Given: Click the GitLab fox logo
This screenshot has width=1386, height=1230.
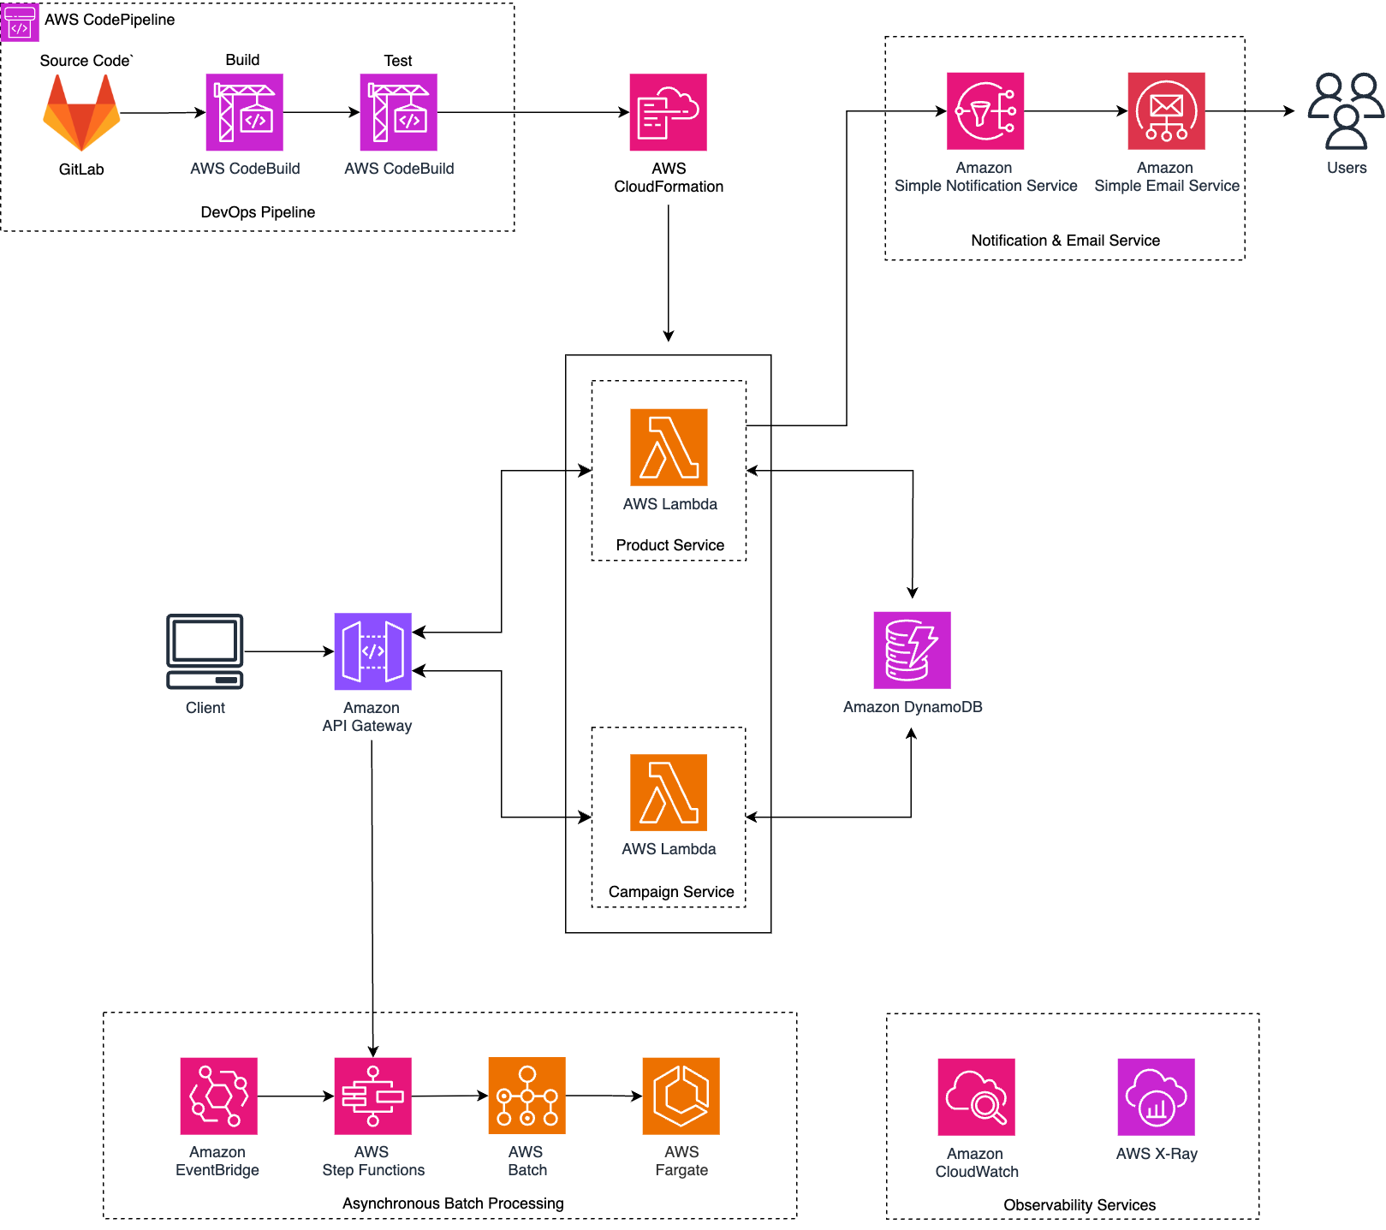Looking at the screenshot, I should coord(81,113).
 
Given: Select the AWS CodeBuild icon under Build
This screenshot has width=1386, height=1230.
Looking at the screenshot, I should coord(244,112).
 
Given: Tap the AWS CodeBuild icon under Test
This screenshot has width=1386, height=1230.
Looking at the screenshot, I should coord(398,112).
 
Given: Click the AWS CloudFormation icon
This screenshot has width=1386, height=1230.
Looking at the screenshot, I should coord(668,112).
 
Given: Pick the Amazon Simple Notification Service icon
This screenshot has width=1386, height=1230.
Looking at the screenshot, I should coord(984,111).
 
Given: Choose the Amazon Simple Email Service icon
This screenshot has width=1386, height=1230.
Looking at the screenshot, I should coord(1166,111).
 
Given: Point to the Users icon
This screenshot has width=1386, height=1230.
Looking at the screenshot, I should coord(1346,111).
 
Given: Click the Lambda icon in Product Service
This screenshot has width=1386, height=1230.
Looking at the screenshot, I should coord(669,447).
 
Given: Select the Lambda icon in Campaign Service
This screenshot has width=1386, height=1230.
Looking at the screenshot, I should coord(669,793).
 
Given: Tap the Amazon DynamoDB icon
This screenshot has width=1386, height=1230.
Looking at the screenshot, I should coord(912,650).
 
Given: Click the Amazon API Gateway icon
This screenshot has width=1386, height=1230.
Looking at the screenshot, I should coord(372,651).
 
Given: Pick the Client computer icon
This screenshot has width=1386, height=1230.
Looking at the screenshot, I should coord(205,651).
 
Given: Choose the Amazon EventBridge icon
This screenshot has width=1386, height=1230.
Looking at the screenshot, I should coord(218,1096).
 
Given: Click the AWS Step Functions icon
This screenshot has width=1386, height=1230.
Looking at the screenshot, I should coord(372,1096).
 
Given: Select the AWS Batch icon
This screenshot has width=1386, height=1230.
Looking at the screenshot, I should coord(526,1096).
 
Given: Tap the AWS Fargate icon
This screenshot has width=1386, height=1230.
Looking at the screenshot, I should coord(681,1096).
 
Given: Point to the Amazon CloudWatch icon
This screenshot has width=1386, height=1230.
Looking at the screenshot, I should coord(976,1096).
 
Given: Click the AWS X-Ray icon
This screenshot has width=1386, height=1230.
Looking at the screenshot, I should coord(1156,1096).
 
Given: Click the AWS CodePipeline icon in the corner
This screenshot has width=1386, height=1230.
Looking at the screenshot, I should coord(20,21).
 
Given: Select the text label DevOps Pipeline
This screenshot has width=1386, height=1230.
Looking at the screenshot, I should coord(258,212).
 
